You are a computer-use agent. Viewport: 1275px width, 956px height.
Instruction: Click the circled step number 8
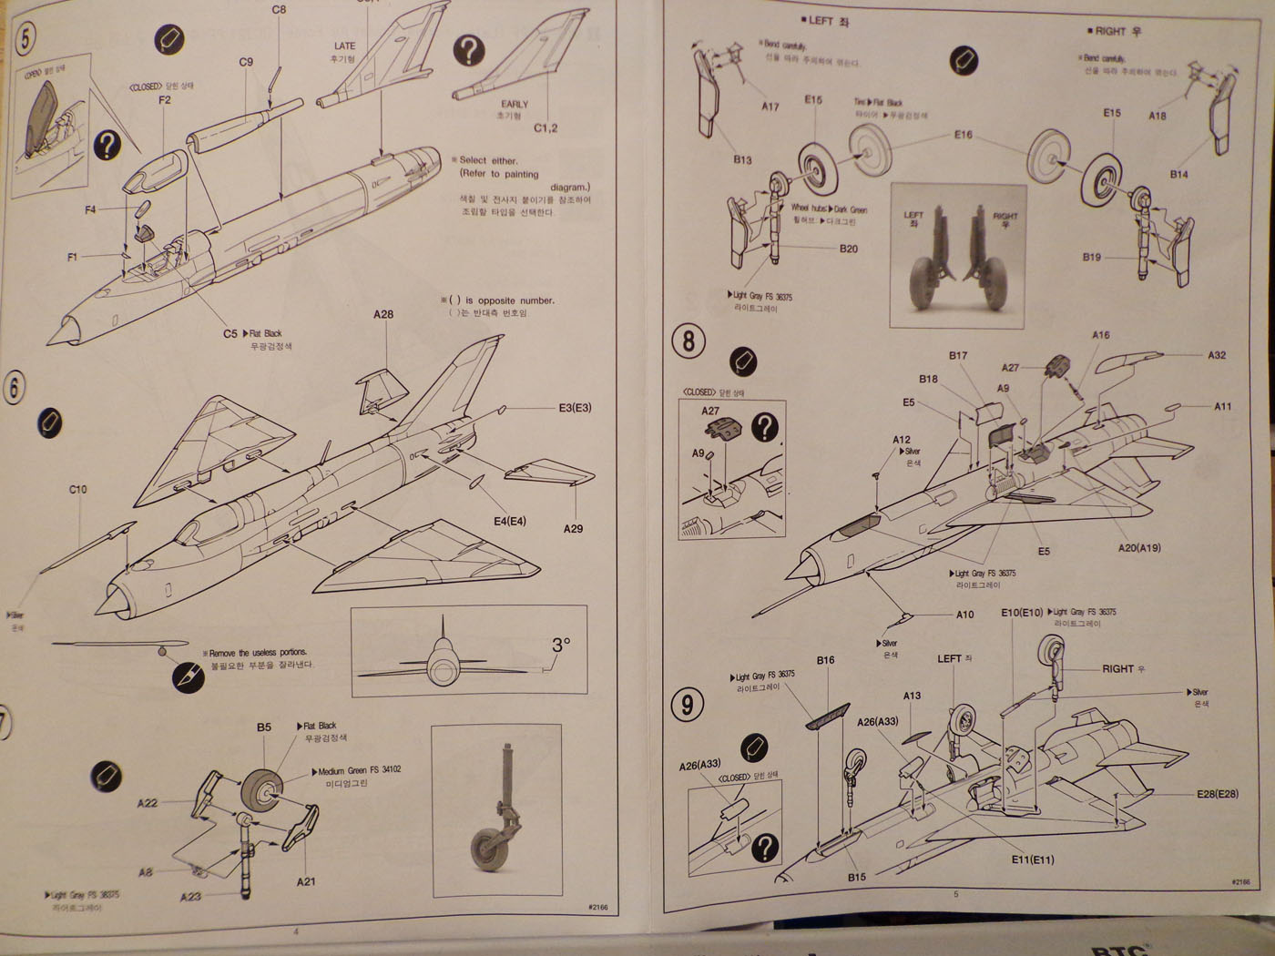(x=688, y=341)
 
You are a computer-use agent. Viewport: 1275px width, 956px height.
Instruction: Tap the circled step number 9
(x=688, y=704)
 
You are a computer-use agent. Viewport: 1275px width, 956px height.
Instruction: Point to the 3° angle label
(x=561, y=644)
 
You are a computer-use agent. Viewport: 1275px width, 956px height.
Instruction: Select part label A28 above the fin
(x=383, y=315)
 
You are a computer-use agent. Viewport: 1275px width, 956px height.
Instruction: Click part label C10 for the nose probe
(x=78, y=490)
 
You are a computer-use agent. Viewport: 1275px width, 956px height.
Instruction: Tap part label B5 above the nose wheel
(x=264, y=727)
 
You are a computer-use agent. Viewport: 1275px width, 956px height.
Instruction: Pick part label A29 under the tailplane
(x=573, y=529)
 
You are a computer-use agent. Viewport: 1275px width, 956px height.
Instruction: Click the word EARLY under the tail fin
(x=514, y=105)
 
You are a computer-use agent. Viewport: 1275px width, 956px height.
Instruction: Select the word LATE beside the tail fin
(x=345, y=46)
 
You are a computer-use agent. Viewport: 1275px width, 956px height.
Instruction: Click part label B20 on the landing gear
(x=849, y=249)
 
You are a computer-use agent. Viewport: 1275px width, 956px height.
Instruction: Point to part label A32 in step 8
(x=1217, y=355)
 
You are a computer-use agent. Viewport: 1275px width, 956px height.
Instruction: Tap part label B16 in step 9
(x=825, y=660)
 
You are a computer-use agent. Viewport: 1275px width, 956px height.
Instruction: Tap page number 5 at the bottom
(x=956, y=894)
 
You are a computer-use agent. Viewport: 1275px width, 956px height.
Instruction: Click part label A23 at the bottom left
(x=190, y=897)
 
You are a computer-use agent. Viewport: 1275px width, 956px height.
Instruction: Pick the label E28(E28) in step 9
(x=1217, y=794)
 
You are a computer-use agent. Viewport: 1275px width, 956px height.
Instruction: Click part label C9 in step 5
(x=246, y=62)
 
